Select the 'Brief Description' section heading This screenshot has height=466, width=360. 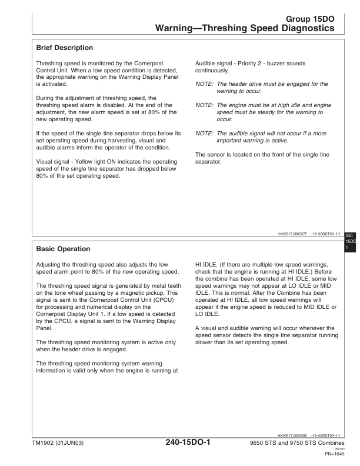click(x=65, y=47)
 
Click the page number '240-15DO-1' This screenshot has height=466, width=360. click(x=179, y=442)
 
